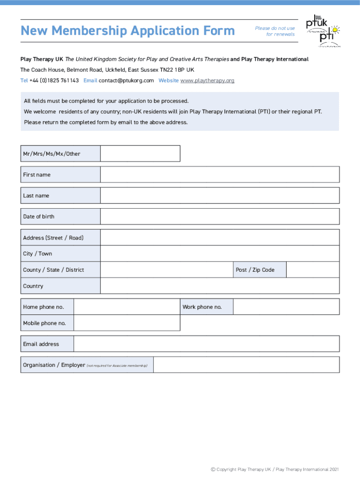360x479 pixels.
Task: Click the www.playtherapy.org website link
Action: tap(207, 80)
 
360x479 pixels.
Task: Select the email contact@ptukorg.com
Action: tap(126, 80)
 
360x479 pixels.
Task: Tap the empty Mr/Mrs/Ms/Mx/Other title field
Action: tap(140, 153)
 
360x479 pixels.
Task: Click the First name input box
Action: tap(220, 174)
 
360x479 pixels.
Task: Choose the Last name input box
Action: tap(220, 196)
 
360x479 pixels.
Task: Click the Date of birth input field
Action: tap(220, 217)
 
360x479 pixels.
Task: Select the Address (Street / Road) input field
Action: tap(220, 238)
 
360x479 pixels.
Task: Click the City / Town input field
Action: tap(220, 254)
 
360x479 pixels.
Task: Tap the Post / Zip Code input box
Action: tap(312, 270)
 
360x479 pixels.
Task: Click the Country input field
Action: tap(220, 286)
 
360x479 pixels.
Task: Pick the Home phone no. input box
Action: tap(127, 307)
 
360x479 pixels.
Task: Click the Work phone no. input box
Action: tap(286, 307)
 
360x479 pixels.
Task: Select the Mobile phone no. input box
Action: tap(127, 323)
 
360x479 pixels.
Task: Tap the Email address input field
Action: tap(206, 344)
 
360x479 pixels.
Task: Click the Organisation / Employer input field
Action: tap(246, 365)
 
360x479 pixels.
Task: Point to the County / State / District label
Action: tap(54, 270)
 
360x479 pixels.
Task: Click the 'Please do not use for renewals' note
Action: tap(275, 31)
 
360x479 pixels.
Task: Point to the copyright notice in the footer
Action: tap(275, 469)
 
